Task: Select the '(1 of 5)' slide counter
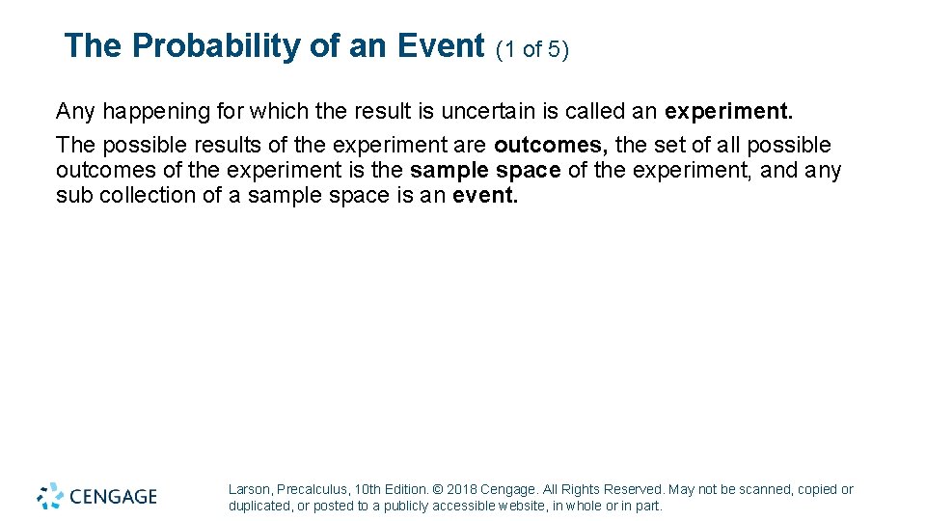[x=531, y=48]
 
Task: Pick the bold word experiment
[x=728, y=111]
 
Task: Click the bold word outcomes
[x=550, y=145]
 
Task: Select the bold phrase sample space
[x=485, y=171]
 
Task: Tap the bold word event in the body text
[x=485, y=196]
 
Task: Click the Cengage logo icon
[x=50, y=496]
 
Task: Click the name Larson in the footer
[x=249, y=489]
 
